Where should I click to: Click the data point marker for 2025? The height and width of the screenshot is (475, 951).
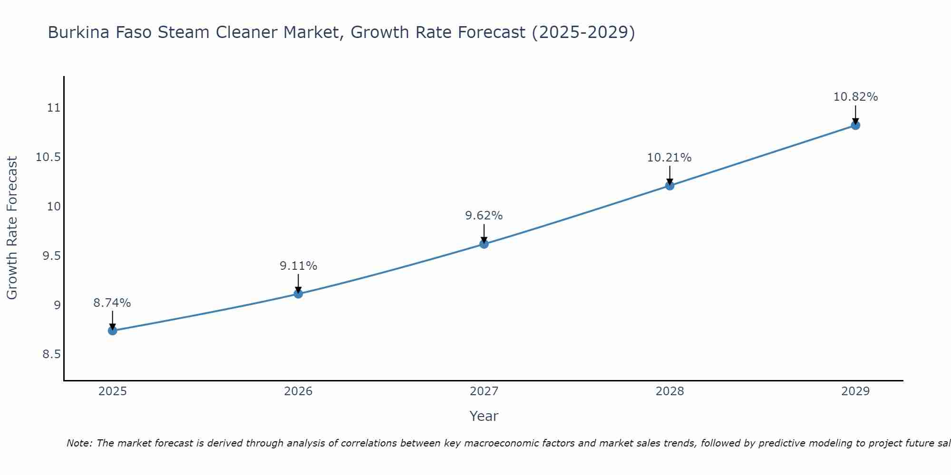113,331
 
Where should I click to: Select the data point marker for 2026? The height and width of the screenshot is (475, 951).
298,294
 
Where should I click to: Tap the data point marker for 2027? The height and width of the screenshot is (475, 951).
484,244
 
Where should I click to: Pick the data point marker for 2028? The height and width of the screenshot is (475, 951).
670,185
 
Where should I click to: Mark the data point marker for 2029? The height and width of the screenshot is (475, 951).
855,125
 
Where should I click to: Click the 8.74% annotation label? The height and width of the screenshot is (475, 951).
112,303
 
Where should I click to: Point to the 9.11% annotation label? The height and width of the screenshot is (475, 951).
298,266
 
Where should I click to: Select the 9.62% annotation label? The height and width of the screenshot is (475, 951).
484,216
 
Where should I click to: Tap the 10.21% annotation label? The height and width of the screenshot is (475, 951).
670,158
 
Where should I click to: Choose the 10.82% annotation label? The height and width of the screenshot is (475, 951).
855,97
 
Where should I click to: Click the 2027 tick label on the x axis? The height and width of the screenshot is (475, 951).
484,391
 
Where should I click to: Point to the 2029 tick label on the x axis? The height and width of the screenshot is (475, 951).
855,391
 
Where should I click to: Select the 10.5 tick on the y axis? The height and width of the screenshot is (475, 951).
49,157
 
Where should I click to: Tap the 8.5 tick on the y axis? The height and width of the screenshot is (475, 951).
52,354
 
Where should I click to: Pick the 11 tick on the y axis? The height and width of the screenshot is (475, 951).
54,108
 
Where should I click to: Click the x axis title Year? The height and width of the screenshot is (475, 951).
484,416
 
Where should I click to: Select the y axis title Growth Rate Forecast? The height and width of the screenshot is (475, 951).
12,228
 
